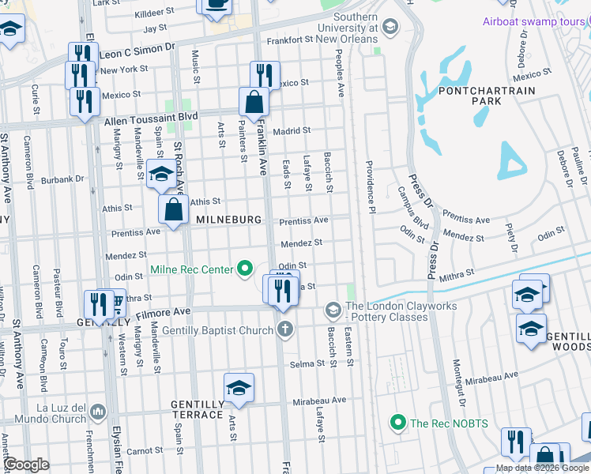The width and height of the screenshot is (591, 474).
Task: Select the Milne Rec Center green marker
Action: pos(245,270)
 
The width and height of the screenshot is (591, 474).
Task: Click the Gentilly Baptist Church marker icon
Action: pos(284,329)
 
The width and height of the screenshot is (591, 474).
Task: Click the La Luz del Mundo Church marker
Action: pos(98,412)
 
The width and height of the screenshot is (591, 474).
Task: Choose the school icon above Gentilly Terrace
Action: pos(239,388)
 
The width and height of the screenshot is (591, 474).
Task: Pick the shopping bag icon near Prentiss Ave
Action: pos(174,210)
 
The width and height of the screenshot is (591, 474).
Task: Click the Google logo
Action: pos(27,465)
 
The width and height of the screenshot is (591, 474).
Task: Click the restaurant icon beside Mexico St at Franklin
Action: pos(265,76)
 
